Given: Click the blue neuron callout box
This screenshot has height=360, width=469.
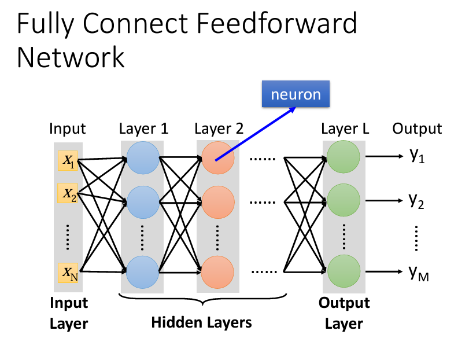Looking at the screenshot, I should tap(296, 94).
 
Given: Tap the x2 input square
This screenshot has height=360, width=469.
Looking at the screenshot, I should tap(68, 193).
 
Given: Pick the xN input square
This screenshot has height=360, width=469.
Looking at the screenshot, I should tap(68, 272).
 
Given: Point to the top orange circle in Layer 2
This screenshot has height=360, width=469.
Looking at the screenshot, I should tap(218, 157).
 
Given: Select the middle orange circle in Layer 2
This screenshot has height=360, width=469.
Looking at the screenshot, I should tap(218, 203).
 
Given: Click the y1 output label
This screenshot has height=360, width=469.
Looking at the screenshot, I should tap(417, 156).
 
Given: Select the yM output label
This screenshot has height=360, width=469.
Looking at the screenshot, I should tap(419, 273).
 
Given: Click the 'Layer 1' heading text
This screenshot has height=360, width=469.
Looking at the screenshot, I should tap(143, 128).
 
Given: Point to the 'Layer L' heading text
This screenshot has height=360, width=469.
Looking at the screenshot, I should tap(345, 128).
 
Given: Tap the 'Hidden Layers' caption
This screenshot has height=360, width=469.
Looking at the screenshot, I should tap(201, 322).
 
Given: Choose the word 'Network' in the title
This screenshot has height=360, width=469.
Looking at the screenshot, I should tap(71, 57).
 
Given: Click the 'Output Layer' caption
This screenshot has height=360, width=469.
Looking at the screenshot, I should tap(344, 313).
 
